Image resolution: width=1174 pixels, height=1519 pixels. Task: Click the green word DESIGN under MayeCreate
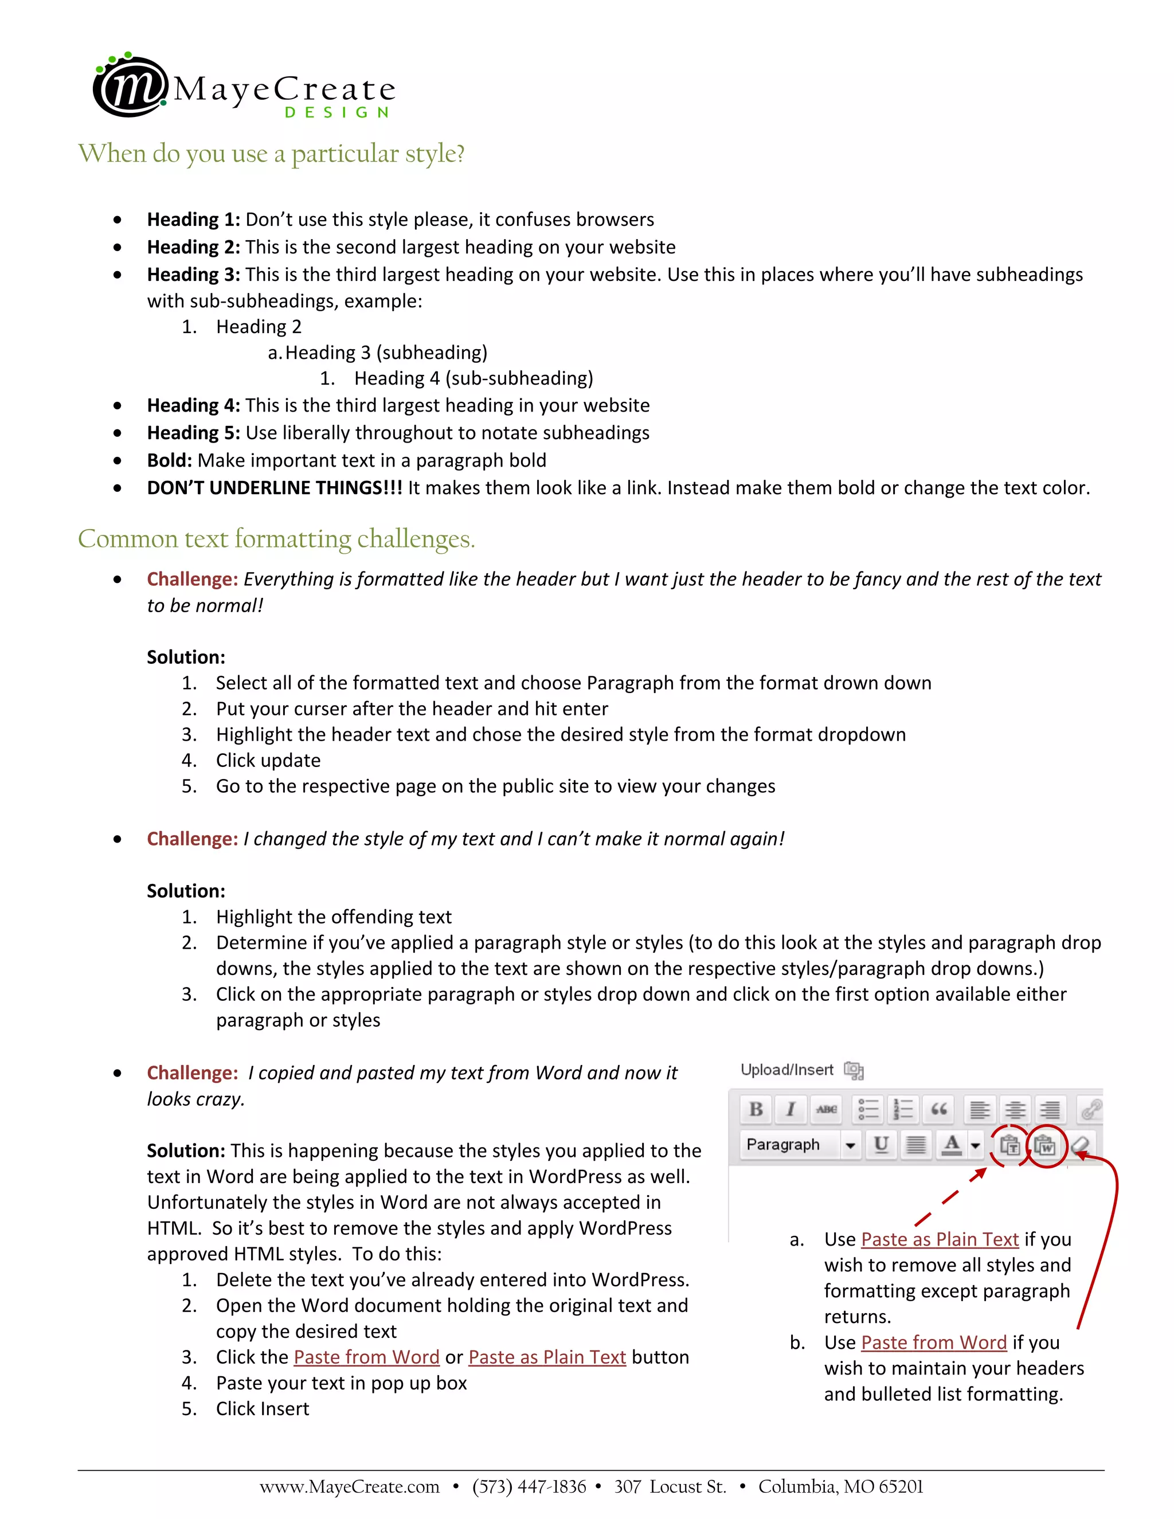[x=336, y=113]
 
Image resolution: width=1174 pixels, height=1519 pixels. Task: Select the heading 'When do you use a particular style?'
[x=271, y=153]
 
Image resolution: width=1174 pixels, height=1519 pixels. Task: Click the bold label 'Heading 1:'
[x=193, y=220]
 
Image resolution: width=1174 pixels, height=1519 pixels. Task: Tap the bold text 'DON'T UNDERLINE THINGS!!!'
[x=274, y=488]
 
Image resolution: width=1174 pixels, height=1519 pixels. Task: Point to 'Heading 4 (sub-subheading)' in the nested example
[x=473, y=378]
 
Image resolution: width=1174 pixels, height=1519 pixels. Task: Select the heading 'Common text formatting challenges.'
[x=276, y=539]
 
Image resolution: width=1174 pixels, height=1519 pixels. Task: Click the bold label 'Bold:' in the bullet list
[x=169, y=460]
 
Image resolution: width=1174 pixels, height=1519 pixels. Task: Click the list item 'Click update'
[x=268, y=760]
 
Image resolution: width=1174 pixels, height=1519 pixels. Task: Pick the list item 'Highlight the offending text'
[x=333, y=917]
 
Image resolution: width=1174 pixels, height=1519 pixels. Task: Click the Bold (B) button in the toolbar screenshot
[x=756, y=1109]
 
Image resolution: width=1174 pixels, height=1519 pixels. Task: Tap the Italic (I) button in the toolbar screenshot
[x=791, y=1109]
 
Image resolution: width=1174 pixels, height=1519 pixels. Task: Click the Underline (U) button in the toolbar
[x=881, y=1145]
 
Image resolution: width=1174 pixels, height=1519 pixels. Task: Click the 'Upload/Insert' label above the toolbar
[x=786, y=1070]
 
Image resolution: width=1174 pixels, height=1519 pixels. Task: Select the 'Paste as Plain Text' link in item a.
[x=939, y=1239]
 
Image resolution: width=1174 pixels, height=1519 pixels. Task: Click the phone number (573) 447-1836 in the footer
[x=529, y=1487]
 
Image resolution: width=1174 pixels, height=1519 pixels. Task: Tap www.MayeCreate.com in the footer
[x=349, y=1487]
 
